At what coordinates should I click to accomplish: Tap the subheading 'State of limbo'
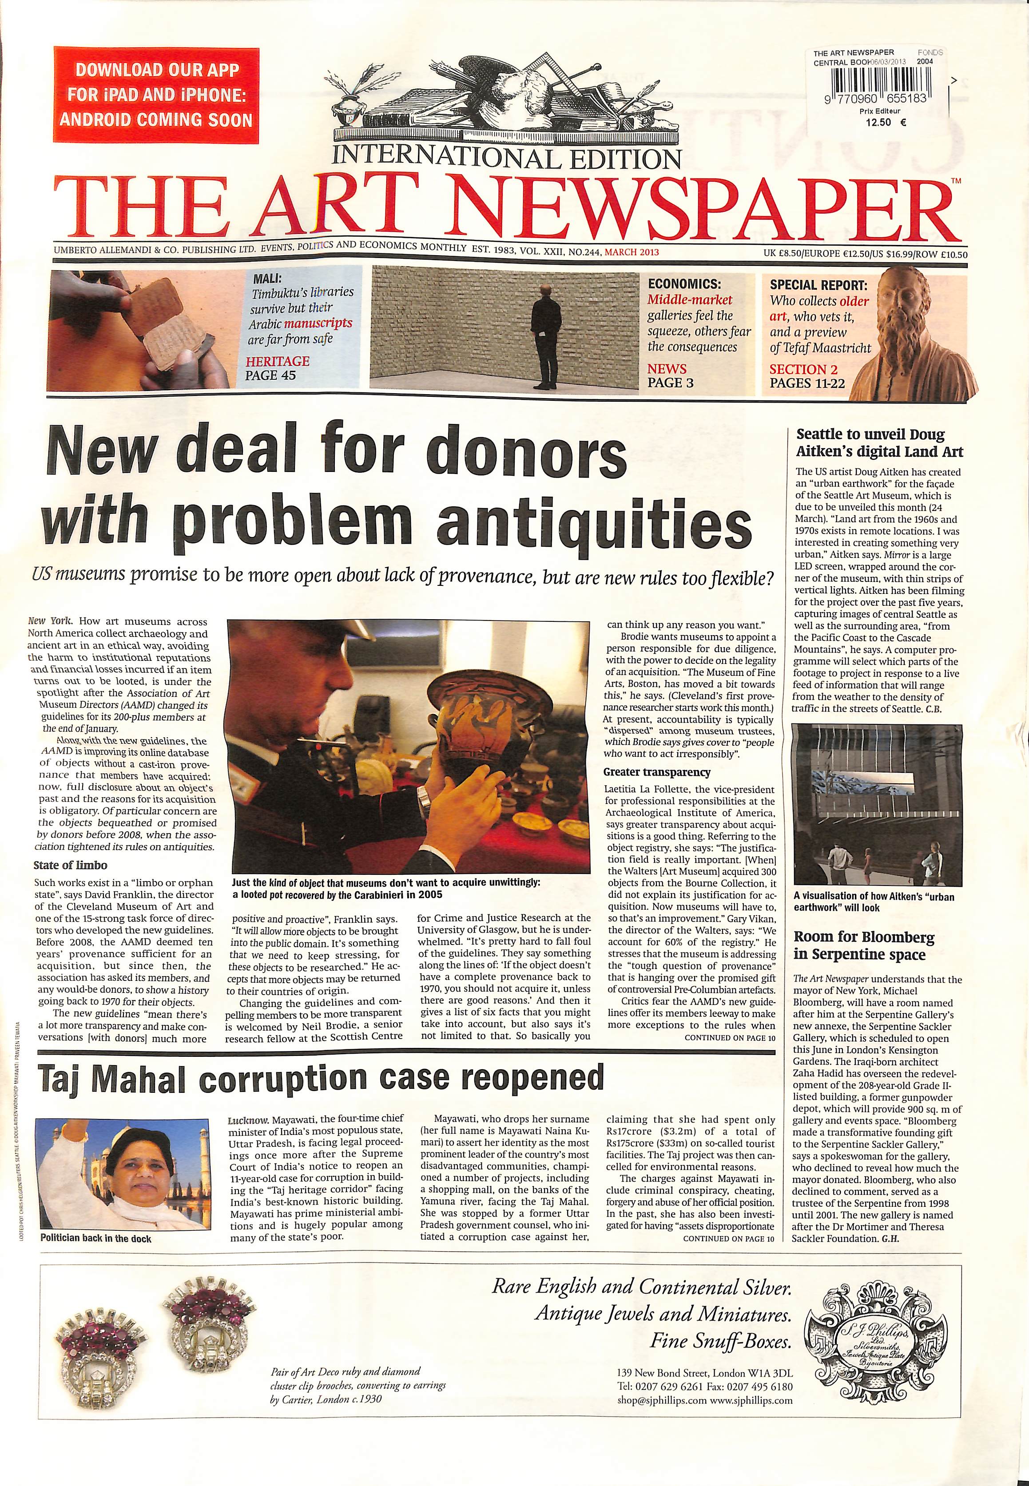(70, 866)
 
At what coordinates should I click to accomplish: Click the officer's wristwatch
(424, 799)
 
